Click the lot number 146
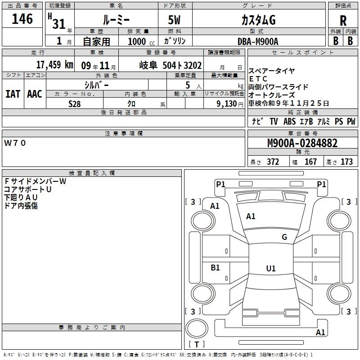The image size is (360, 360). (22, 19)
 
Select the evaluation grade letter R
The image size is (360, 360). (343, 21)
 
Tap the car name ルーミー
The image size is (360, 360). (116, 20)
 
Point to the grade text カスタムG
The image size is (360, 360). (258, 20)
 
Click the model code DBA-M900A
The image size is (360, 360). (258, 41)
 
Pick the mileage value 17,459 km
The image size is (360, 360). (54, 64)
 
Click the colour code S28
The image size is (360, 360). (74, 103)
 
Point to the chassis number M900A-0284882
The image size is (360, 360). (302, 144)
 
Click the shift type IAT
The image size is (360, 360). (13, 94)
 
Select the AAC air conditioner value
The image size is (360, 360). (34, 94)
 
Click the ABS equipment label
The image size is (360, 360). (289, 121)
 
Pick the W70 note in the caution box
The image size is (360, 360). (15, 143)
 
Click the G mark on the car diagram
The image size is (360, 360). (284, 237)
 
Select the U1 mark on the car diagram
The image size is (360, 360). (270, 269)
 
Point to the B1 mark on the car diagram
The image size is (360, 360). (216, 267)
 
